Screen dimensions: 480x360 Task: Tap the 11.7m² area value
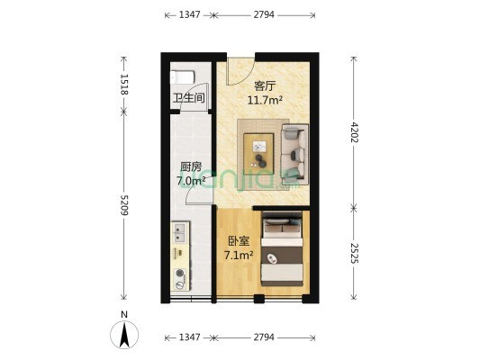[x=265, y=100]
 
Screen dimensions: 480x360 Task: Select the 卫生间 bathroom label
[x=189, y=98]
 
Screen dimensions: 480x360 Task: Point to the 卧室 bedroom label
[x=239, y=241]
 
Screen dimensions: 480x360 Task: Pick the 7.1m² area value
[x=239, y=255]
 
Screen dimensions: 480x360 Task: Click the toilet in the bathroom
[x=183, y=76]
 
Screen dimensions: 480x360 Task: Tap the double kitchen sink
[x=179, y=232]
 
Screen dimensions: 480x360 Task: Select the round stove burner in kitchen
[x=180, y=272]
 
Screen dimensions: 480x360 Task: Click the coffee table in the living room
[x=259, y=152]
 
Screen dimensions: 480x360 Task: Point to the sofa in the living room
[x=294, y=155]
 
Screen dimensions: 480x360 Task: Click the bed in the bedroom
[x=282, y=249]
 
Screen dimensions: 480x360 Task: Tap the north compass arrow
[x=124, y=335]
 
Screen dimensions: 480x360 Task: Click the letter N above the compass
[x=124, y=314]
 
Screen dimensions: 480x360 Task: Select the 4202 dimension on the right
[x=354, y=132]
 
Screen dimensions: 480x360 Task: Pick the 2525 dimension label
[x=354, y=253]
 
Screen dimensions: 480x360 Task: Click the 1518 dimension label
[x=124, y=84]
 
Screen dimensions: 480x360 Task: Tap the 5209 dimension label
[x=124, y=205]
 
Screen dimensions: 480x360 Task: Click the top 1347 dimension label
[x=189, y=14]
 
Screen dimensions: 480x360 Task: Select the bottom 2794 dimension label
[x=264, y=337]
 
